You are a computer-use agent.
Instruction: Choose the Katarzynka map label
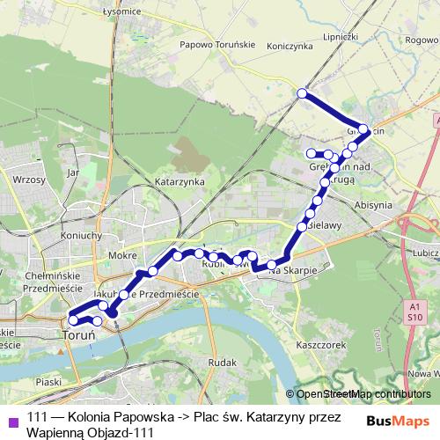coord(180,180)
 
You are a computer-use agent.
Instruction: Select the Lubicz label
coord(423,251)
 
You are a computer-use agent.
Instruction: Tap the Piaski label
coord(50,383)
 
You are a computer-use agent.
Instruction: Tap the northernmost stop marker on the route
coord(302,93)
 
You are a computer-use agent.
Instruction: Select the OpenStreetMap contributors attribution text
coord(363,393)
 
